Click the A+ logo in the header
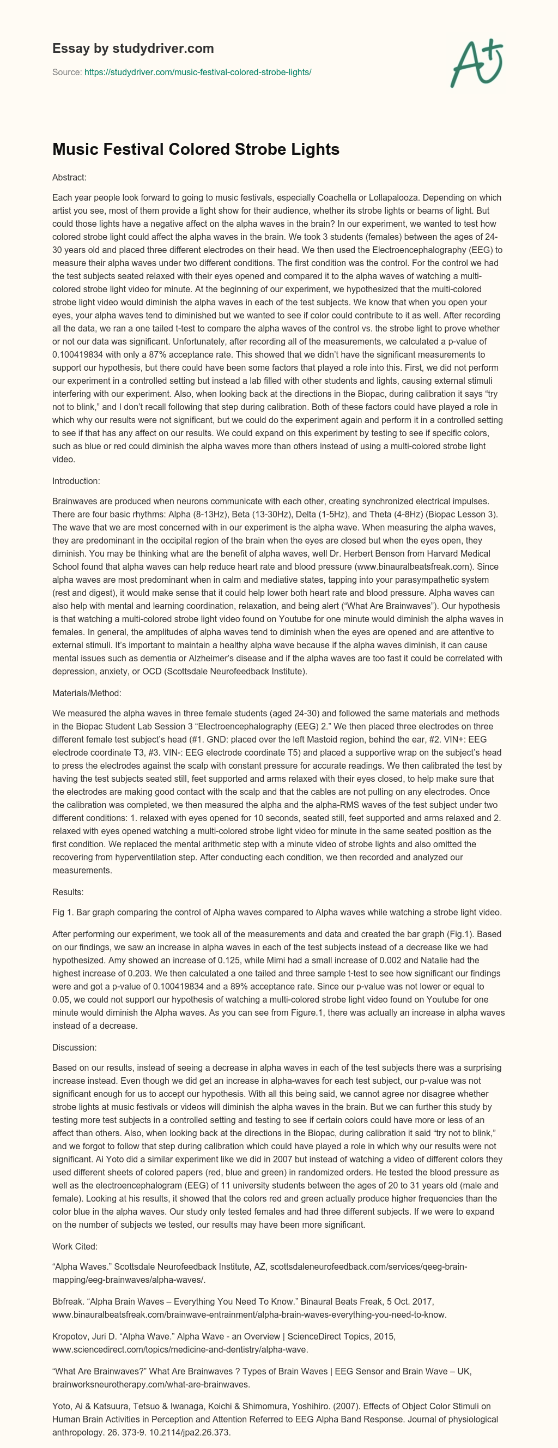click(x=477, y=63)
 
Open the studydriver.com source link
click(x=197, y=72)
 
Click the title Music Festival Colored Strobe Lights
click(x=196, y=149)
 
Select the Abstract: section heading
click(x=69, y=177)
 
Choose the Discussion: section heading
click(x=74, y=1047)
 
